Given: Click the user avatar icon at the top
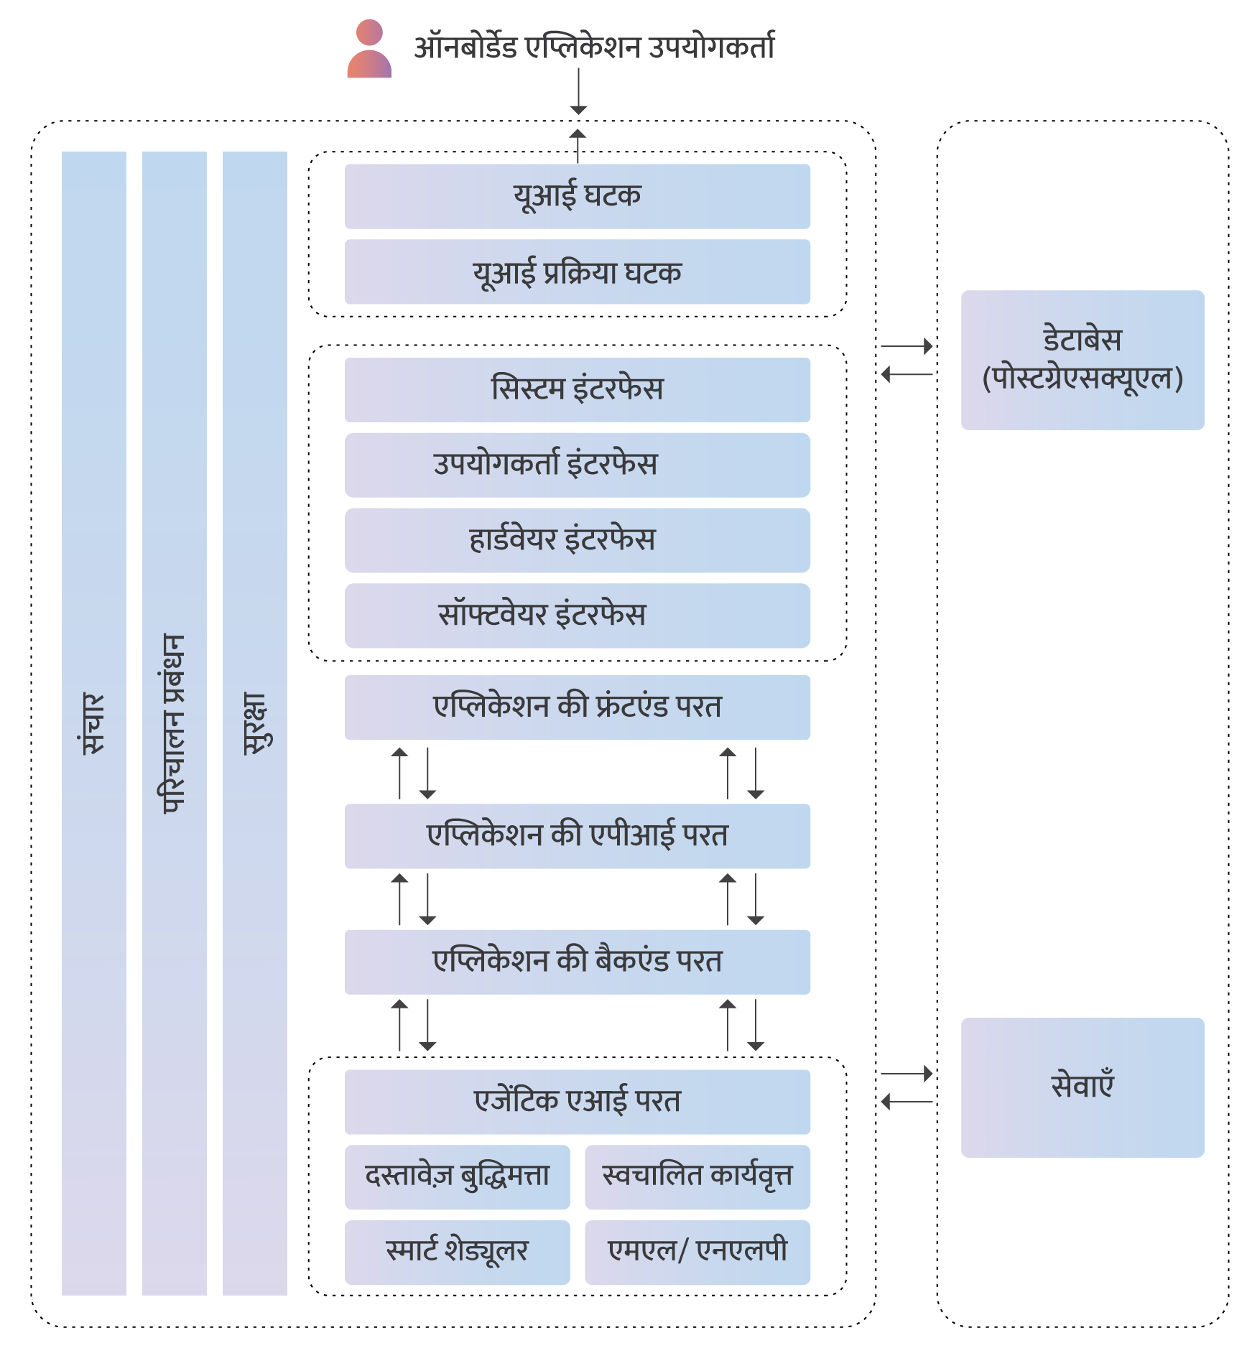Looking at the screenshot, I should pos(369,49).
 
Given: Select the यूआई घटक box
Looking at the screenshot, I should pos(578,196).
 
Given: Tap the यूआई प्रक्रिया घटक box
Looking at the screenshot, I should pos(578,271).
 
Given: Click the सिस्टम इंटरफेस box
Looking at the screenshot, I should pos(578,389).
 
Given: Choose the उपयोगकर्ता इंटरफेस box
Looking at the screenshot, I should pos(578,465).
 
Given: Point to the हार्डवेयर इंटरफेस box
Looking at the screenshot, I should pos(578,540).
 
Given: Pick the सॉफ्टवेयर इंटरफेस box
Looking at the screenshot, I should pos(578,616).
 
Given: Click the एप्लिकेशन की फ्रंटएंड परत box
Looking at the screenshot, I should pos(578,707).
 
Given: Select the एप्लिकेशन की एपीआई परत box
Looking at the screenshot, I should pos(578,836).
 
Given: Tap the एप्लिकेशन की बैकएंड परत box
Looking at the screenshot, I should pos(578,962).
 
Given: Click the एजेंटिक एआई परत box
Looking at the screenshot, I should pos(578,1102).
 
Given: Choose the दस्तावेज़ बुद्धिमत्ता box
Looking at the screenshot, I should pos(457,1177).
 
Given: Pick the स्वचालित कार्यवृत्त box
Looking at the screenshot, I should pos(697,1177).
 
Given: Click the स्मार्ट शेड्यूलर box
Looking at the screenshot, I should pos(457,1253).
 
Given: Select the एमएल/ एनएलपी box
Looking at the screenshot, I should pos(697,1253).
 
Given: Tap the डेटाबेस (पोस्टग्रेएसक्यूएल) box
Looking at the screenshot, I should pos(1083,360).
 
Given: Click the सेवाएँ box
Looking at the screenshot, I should pos(1083,1087).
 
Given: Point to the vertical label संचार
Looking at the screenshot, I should pos(93,723).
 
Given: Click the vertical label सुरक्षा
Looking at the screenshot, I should pos(254,723).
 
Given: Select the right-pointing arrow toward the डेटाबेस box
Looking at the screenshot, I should pos(907,346).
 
